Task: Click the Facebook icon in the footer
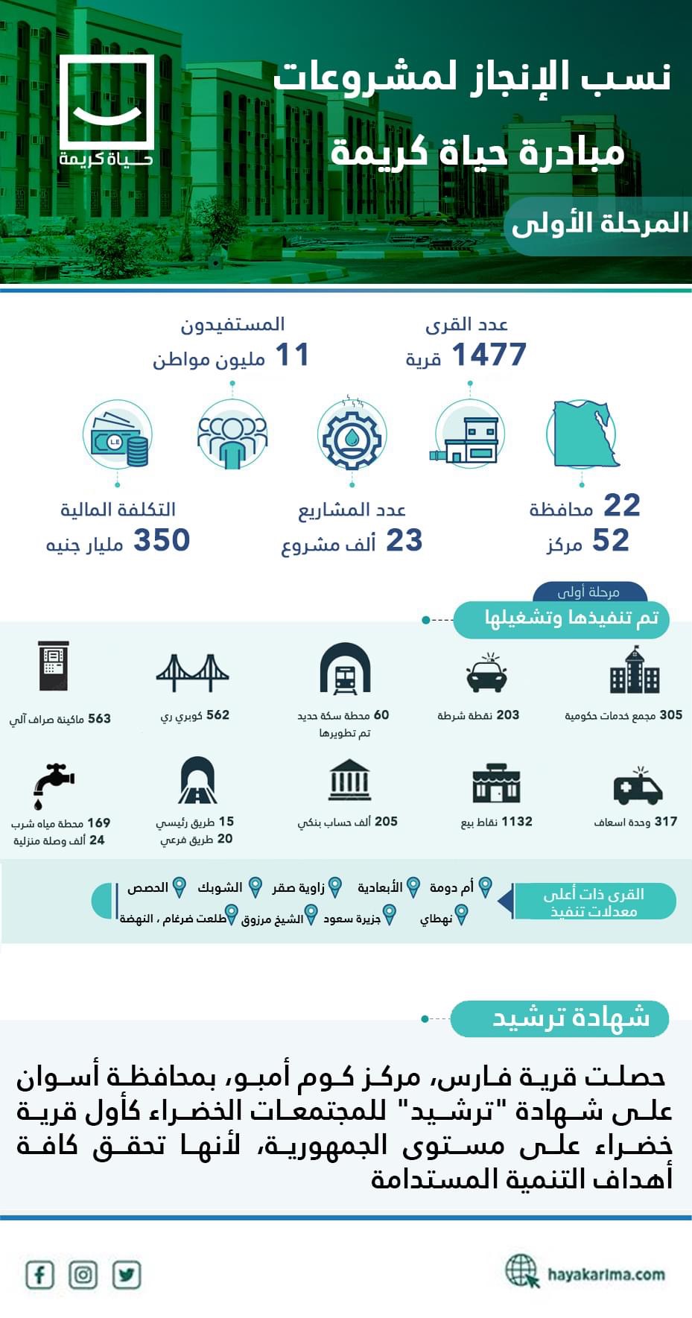click(x=39, y=1274)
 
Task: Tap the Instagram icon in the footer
click(x=83, y=1274)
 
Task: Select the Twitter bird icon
click(x=127, y=1274)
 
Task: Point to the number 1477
click(x=489, y=355)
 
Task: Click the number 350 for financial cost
click(x=162, y=540)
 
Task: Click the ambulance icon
click(x=638, y=786)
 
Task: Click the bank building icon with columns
click(x=349, y=780)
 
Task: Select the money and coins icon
click(x=118, y=437)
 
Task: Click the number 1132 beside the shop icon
click(x=516, y=821)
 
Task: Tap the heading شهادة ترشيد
click(x=571, y=1018)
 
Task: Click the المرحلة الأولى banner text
click(x=600, y=223)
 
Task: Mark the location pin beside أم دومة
click(x=485, y=887)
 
